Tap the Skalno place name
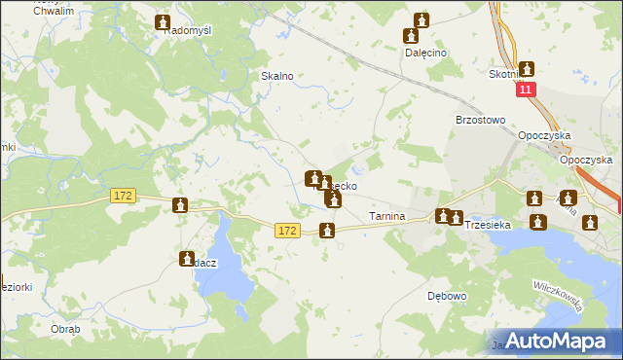(277, 75)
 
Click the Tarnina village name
(386, 215)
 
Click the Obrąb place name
(65, 329)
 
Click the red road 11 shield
(526, 90)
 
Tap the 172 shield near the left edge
(122, 197)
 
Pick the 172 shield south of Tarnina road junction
(286, 231)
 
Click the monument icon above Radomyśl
(163, 21)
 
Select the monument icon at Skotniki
(527, 69)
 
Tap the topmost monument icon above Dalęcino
(421, 19)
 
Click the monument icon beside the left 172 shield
(180, 204)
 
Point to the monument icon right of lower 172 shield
(328, 231)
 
